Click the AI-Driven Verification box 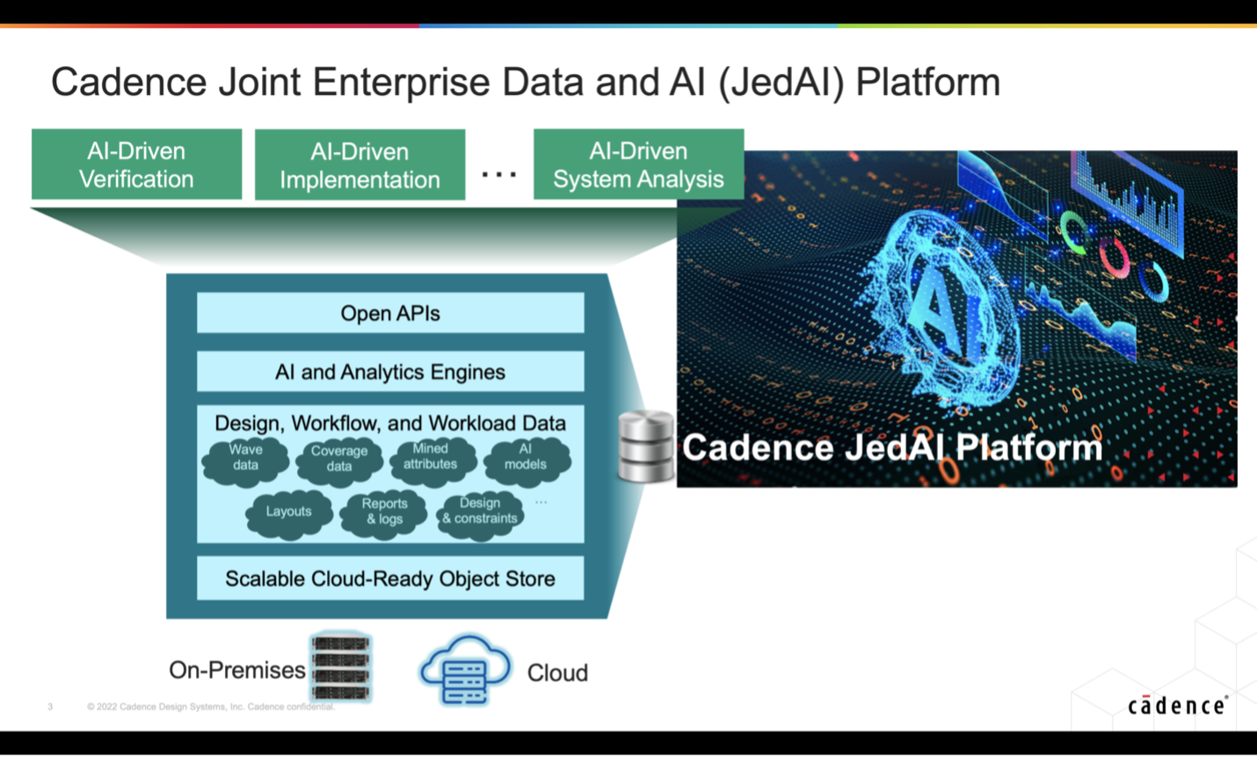pos(136,164)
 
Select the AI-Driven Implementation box pos(360,165)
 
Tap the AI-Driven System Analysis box pos(638,164)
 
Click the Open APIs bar pos(390,313)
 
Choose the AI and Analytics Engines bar pos(390,372)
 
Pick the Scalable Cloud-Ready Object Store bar pos(390,579)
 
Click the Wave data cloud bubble pos(245,459)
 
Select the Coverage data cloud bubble pos(339,460)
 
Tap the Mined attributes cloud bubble pos(431,458)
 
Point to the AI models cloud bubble pos(526,458)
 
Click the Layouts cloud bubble pos(288,512)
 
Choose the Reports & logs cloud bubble pos(384,512)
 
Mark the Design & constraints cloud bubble pos(480,512)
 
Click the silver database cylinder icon pos(646,447)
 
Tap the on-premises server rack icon pos(341,666)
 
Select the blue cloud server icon pos(465,670)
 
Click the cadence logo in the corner pos(1178,706)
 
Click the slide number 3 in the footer pos(50,707)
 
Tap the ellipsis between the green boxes pos(499,175)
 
